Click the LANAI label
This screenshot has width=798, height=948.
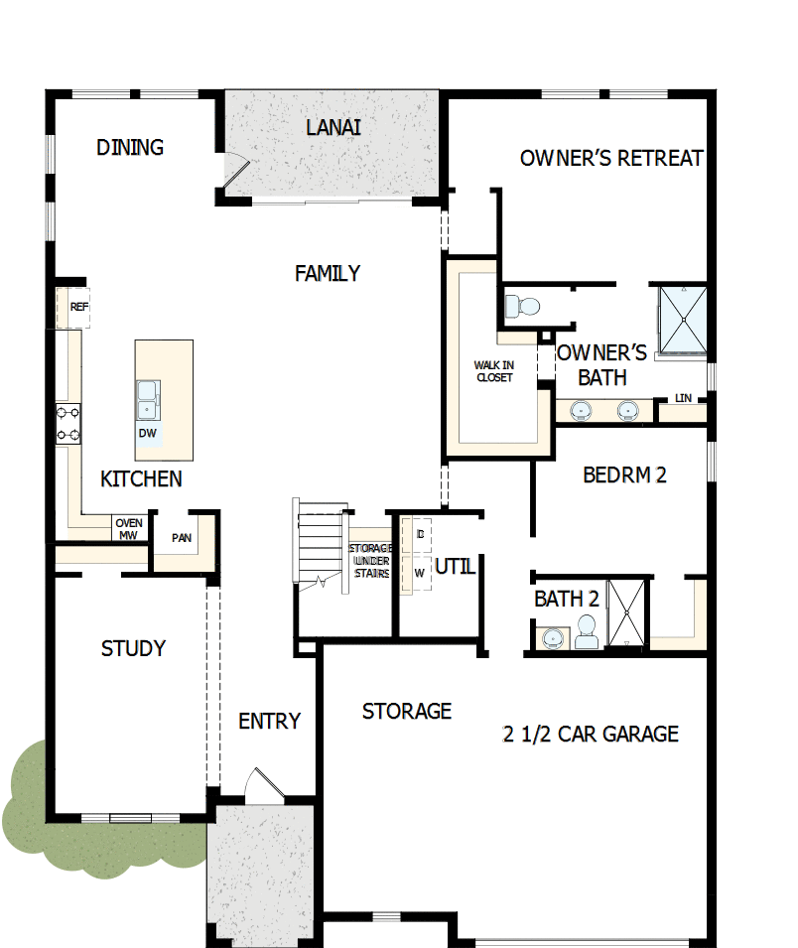[x=332, y=127]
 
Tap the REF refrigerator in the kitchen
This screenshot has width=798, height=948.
[x=79, y=307]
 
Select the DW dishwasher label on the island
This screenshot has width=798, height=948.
[x=146, y=433]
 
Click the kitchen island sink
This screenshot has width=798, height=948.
[x=147, y=399]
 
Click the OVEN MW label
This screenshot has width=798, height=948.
[x=129, y=529]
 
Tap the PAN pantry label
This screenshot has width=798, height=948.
[x=181, y=538]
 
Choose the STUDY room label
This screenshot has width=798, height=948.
[x=133, y=648]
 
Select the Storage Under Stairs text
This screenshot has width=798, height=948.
[x=370, y=561]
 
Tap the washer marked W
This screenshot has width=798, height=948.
[x=419, y=573]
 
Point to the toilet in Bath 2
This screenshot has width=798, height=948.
[x=586, y=631]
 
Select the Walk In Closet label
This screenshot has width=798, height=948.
[x=493, y=370]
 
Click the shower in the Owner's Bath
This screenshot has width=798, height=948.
[x=680, y=320]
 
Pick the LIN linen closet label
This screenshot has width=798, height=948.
[x=683, y=398]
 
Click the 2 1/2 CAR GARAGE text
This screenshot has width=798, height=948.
[x=591, y=734]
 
